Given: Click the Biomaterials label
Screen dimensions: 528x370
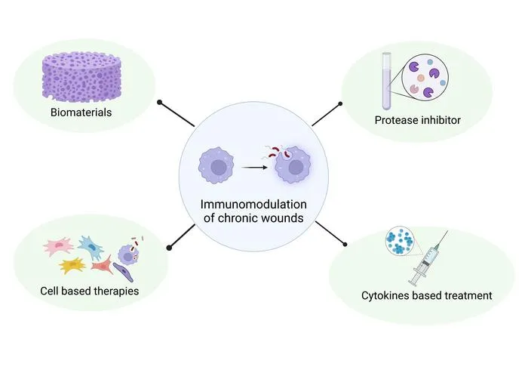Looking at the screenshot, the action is pos(81,113).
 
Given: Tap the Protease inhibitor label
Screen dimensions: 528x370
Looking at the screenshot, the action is pos(418,120).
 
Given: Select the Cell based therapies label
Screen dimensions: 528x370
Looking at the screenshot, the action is pos(89,291).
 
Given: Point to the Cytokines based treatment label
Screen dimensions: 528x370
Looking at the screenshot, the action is pos(427,295).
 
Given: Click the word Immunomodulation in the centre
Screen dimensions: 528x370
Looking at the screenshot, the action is pos(253,204).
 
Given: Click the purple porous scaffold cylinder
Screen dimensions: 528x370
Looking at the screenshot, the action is pos(81,77).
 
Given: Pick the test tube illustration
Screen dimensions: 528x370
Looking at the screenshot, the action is pos(386,81).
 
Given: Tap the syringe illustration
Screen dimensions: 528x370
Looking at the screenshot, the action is pos(428,258).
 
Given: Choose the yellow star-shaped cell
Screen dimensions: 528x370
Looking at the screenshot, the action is pos(72,266).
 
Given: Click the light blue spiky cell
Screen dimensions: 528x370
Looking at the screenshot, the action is pos(91,247).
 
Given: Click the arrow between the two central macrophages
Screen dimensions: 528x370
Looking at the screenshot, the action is pos(255,167).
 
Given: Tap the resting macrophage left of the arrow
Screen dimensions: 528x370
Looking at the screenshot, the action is pos(216,165).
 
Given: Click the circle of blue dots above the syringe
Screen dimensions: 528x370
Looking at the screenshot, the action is pos(400,240).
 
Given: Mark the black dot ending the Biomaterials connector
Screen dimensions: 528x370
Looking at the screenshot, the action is pos(160,102).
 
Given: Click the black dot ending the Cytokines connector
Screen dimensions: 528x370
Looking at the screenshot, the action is pos(345,245).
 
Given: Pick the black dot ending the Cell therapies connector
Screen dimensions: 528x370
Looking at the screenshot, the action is pos(169,248).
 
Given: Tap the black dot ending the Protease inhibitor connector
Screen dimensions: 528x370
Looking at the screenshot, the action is pos(340,103).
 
